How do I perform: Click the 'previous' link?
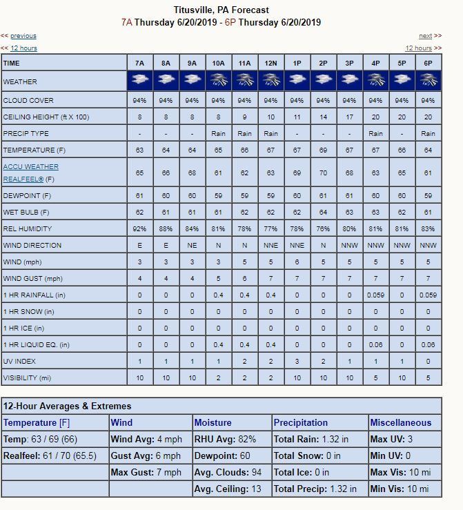pyautogui.click(x=23, y=36)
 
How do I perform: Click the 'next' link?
pyautogui.click(x=426, y=36)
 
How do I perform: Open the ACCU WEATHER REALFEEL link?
pyautogui.click(x=31, y=173)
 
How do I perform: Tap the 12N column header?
pyautogui.click(x=270, y=63)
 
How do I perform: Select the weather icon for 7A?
pyautogui.click(x=139, y=81)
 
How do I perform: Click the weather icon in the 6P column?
pyautogui.click(x=428, y=81)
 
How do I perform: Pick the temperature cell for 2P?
pyautogui.click(x=323, y=150)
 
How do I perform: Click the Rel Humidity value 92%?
pyautogui.click(x=139, y=228)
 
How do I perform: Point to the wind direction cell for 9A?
pyautogui.click(x=192, y=245)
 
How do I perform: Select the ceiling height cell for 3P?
pyautogui.click(x=349, y=117)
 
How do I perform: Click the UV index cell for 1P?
pyautogui.click(x=297, y=362)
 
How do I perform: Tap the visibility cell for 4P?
pyautogui.click(x=375, y=378)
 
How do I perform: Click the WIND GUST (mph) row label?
pyautogui.click(x=32, y=279)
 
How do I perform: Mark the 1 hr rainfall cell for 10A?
pyautogui.click(x=218, y=295)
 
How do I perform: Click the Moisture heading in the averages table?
pyautogui.click(x=213, y=422)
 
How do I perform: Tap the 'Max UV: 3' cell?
pyautogui.click(x=391, y=439)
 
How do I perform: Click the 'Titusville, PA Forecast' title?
pyautogui.click(x=221, y=10)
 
